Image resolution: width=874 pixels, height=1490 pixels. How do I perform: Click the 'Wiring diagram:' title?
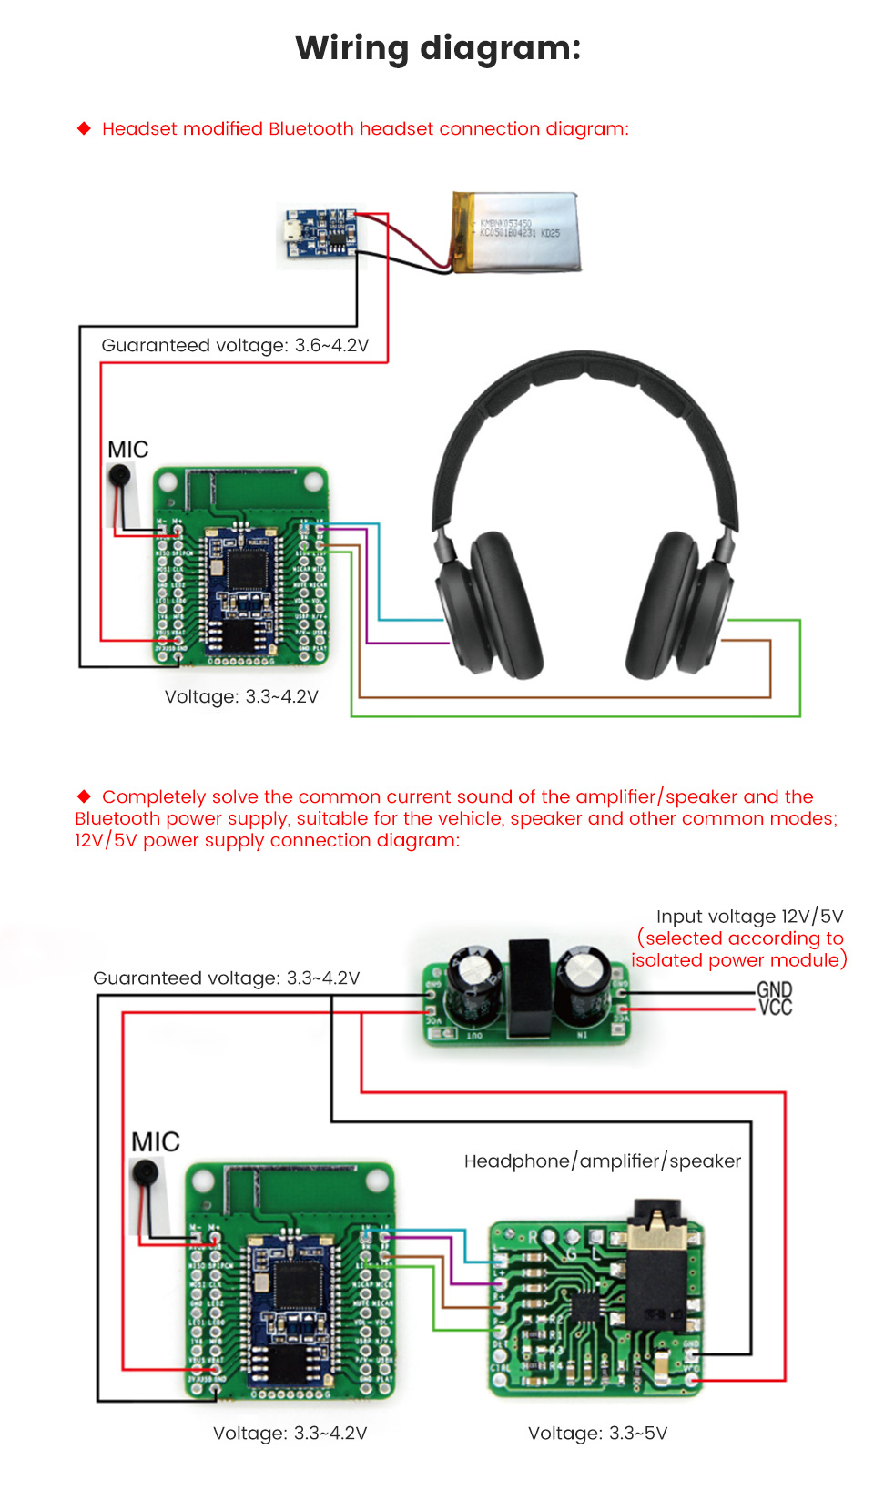pos(438,48)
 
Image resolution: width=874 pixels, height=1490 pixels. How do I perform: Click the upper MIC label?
pos(127,450)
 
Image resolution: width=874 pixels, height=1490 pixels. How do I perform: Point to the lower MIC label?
pos(156,1142)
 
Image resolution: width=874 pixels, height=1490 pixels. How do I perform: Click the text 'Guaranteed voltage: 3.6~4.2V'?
pos(235,345)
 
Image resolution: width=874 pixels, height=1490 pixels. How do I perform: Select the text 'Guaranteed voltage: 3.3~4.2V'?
pos(226,978)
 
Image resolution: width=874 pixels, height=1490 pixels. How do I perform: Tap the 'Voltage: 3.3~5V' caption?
pos(597,1433)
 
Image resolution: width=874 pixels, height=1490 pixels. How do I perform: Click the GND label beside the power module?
pos(774,988)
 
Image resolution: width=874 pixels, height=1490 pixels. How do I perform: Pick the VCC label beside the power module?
pos(775,1007)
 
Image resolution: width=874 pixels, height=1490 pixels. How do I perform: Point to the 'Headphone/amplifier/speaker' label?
pos(602,1161)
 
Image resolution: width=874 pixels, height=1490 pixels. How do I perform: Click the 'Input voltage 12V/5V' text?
pos(749,916)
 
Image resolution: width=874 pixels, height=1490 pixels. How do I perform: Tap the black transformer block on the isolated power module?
pos(529,988)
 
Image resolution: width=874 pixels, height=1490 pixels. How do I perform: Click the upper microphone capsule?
pos(120,475)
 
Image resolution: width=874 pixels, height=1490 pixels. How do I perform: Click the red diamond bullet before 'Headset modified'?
pos(85,128)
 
